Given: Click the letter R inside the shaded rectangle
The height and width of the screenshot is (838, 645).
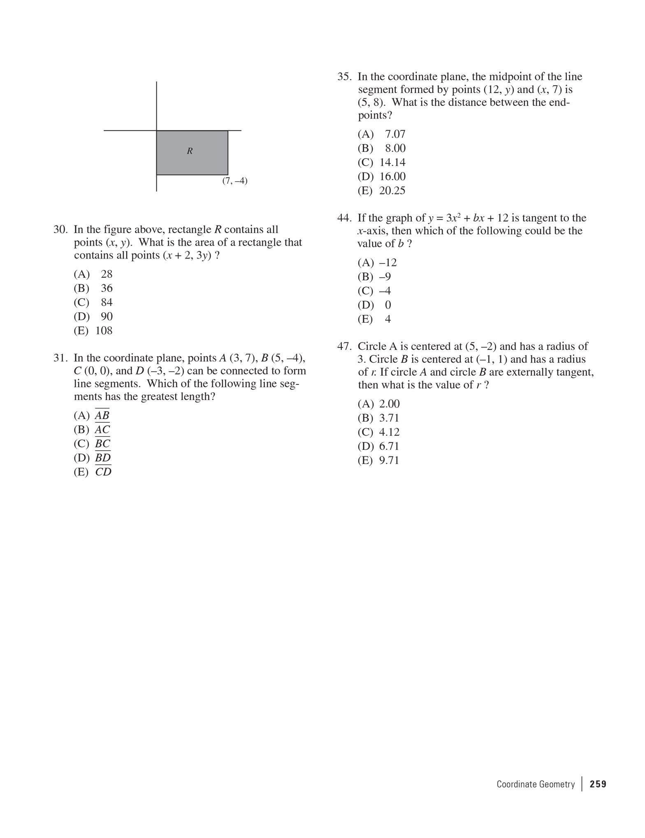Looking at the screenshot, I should click(x=190, y=151).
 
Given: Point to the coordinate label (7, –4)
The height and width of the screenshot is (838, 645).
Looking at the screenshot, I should click(x=235, y=181).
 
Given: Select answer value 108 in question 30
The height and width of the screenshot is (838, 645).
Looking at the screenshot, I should click(x=104, y=331).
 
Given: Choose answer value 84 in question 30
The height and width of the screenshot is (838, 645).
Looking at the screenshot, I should click(x=107, y=303).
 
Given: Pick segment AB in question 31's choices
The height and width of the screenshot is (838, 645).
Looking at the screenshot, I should click(x=102, y=416).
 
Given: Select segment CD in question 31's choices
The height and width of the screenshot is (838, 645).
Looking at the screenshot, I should click(x=103, y=472).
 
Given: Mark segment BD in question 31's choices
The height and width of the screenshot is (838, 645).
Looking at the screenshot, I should click(x=103, y=458).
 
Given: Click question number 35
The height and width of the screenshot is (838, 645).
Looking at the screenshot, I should click(x=344, y=77).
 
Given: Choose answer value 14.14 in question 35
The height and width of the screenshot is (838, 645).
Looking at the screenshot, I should click(x=392, y=163).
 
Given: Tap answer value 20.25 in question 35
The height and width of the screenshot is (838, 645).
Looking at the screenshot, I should click(x=392, y=191).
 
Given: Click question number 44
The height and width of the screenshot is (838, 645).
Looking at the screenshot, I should click(x=344, y=218).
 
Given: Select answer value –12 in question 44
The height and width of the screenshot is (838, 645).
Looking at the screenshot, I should click(x=388, y=263).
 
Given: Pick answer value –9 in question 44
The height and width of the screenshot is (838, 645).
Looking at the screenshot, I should click(x=385, y=277).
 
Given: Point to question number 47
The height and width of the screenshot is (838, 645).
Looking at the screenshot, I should click(x=344, y=347).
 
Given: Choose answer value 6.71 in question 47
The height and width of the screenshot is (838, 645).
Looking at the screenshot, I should click(x=389, y=447).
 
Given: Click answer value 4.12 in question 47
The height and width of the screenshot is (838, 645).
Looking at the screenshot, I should click(x=389, y=432).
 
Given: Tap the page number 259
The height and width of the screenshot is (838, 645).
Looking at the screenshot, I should click(x=598, y=784).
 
